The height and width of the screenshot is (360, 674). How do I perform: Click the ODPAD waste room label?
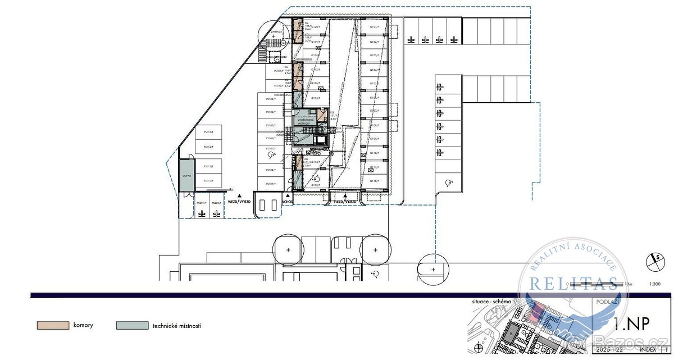(x=186, y=176)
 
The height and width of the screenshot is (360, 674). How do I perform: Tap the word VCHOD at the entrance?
(x=288, y=201)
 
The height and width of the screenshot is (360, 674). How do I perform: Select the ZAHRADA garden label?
(x=275, y=32)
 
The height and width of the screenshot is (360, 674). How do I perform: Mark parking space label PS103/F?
(x=271, y=99)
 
